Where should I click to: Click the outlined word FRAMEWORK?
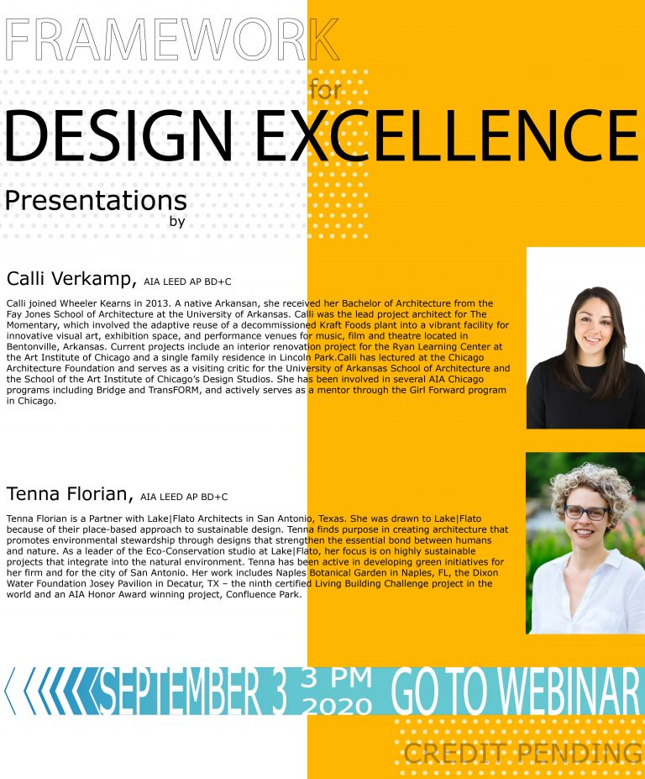171,39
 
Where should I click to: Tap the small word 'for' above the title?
325,90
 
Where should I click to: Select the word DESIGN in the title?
118,135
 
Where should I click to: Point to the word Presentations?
96,201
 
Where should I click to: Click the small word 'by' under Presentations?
177,221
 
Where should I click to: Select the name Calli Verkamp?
71,279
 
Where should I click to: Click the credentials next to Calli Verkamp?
187,282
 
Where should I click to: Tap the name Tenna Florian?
70,494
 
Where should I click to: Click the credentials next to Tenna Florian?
184,497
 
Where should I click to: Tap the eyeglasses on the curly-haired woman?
586,513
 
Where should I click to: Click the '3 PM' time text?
336,677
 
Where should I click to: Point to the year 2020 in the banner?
337,706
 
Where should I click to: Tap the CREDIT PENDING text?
522,753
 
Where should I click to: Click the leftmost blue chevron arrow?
10,691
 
